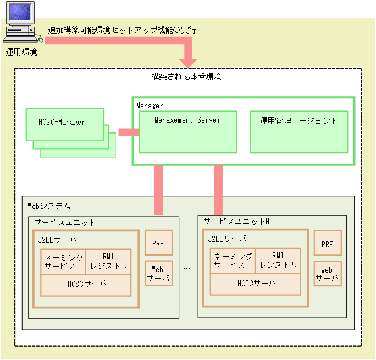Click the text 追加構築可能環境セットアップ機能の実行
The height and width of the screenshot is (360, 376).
point(122,30)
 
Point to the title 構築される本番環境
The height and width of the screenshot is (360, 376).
point(186,77)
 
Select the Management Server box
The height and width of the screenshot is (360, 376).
point(187,132)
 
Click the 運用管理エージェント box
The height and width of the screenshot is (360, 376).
point(298,132)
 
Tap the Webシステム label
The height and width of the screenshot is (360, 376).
point(49,206)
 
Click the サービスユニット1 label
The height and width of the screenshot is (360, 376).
point(67,223)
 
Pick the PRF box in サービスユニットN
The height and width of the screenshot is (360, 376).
point(328,243)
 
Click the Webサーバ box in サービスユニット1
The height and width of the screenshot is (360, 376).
point(158,274)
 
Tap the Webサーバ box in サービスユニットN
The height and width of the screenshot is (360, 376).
point(328,274)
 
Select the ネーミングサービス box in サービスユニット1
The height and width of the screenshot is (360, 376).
point(64,261)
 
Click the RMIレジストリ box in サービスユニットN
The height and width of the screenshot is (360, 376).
point(278,261)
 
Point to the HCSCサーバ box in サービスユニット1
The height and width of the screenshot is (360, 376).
point(86,285)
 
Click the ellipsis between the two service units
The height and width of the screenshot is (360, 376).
point(187,268)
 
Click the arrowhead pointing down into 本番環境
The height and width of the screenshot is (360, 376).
point(189,59)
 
